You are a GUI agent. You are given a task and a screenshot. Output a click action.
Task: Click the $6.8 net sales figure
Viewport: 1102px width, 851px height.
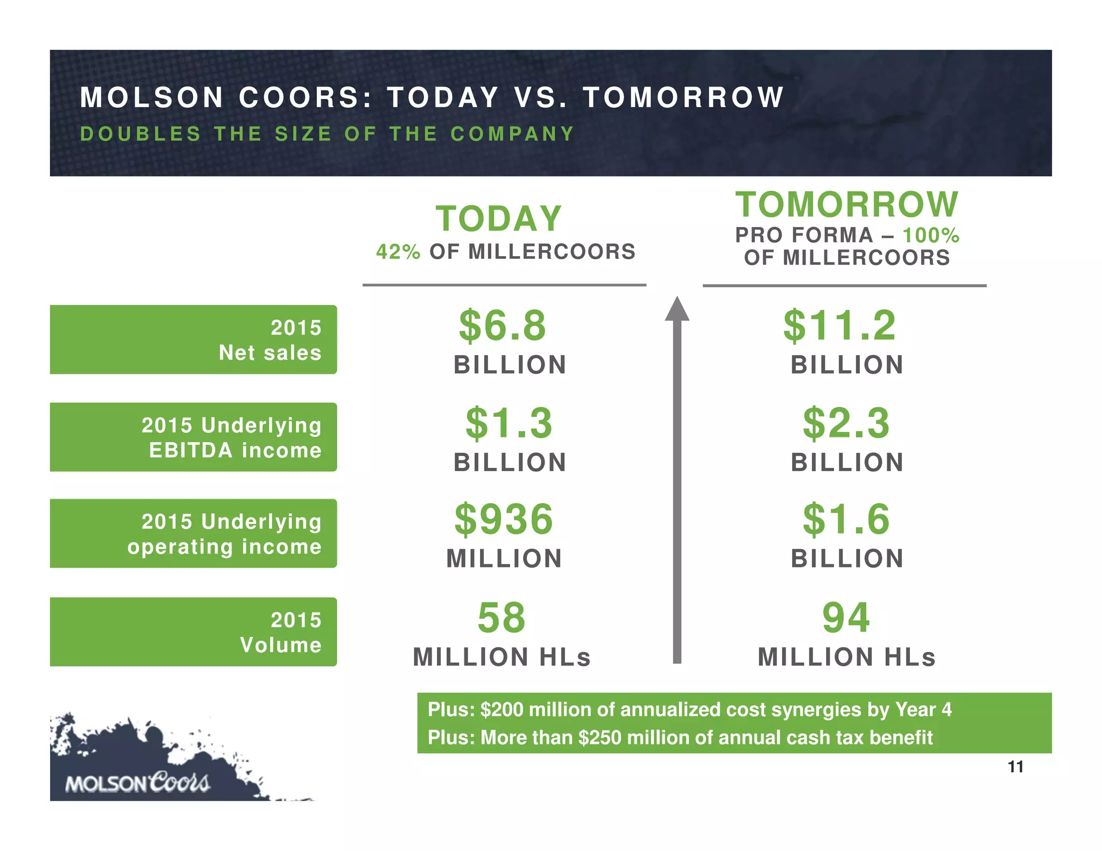click(x=503, y=326)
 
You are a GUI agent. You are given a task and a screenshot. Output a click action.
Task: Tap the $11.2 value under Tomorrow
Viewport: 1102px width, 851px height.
click(x=840, y=326)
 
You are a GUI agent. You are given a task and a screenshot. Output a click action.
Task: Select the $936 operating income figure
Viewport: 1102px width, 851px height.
click(x=504, y=520)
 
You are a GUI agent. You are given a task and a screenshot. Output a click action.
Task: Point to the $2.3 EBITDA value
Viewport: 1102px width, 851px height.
click(x=846, y=423)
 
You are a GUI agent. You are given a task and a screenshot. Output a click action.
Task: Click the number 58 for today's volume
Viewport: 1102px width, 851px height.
click(x=501, y=618)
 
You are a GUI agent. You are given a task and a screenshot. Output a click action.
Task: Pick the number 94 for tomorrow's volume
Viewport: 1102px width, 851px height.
click(x=846, y=618)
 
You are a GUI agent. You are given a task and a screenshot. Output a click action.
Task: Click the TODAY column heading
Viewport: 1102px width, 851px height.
click(x=499, y=219)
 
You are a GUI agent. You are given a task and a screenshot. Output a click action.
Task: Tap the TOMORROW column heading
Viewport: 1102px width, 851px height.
click(x=847, y=204)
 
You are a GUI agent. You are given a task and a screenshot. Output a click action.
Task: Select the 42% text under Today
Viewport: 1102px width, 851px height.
click(x=398, y=252)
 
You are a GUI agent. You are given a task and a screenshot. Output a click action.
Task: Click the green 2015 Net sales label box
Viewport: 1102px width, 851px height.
click(x=193, y=339)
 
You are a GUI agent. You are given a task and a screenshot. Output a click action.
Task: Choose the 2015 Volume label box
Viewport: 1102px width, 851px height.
click(x=193, y=632)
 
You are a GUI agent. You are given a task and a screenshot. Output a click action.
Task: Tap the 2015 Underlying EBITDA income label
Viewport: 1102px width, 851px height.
click(x=193, y=437)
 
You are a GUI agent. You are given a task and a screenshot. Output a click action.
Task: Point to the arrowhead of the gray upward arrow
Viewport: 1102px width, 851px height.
click(x=677, y=309)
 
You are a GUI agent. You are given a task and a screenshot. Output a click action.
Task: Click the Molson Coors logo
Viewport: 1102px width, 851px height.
click(x=137, y=783)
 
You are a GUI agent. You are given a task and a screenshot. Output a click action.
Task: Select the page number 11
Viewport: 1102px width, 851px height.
click(x=1015, y=767)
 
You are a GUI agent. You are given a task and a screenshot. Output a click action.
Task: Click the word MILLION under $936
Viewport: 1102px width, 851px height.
click(x=504, y=558)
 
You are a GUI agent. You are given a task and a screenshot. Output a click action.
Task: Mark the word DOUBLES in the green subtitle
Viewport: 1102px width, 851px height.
click(x=140, y=133)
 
